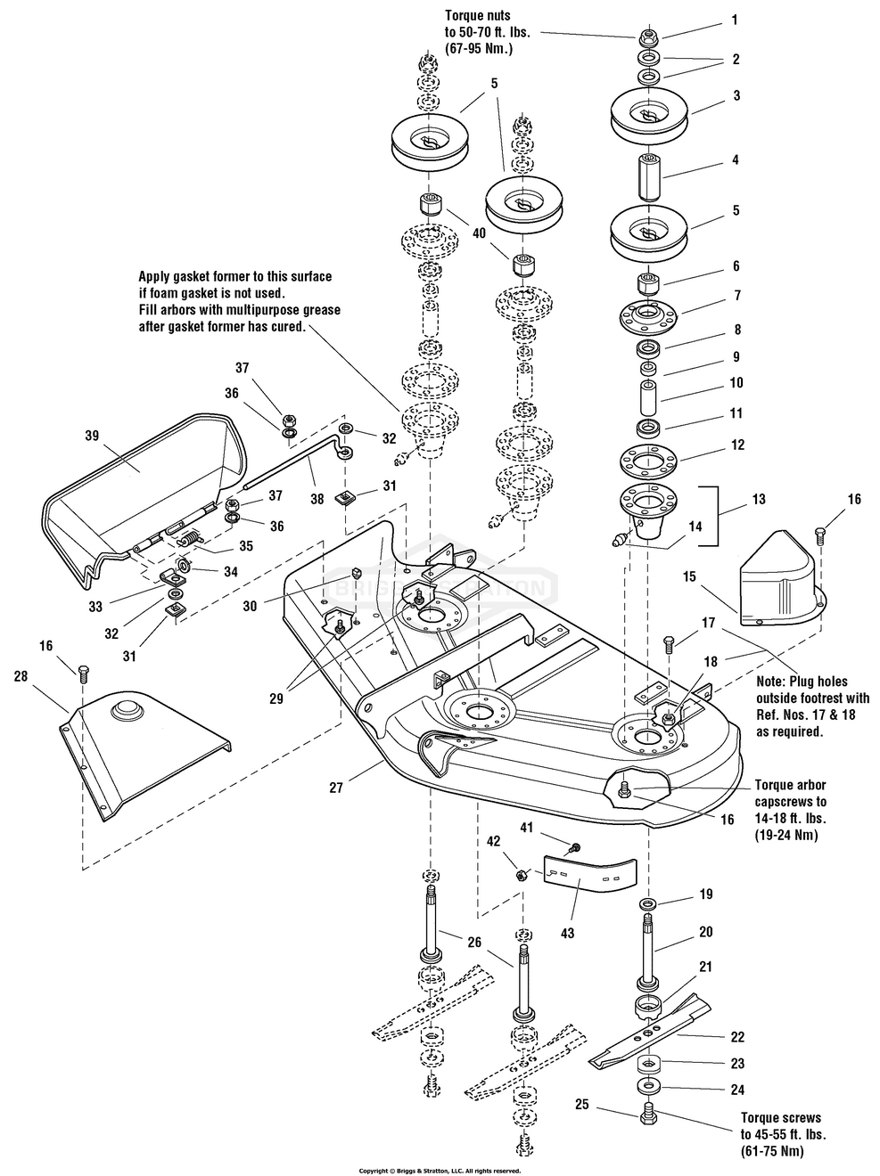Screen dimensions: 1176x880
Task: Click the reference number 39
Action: pos(92,436)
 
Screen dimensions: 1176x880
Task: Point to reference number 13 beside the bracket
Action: pos(759,501)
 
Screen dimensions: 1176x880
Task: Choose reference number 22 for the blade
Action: pos(736,1037)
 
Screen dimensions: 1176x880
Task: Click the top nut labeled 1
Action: pos(647,38)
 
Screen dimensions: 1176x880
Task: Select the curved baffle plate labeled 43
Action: pos(588,870)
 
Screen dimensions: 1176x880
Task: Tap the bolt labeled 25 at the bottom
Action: pos(648,1113)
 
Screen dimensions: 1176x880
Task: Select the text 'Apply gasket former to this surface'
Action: pos(234,277)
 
